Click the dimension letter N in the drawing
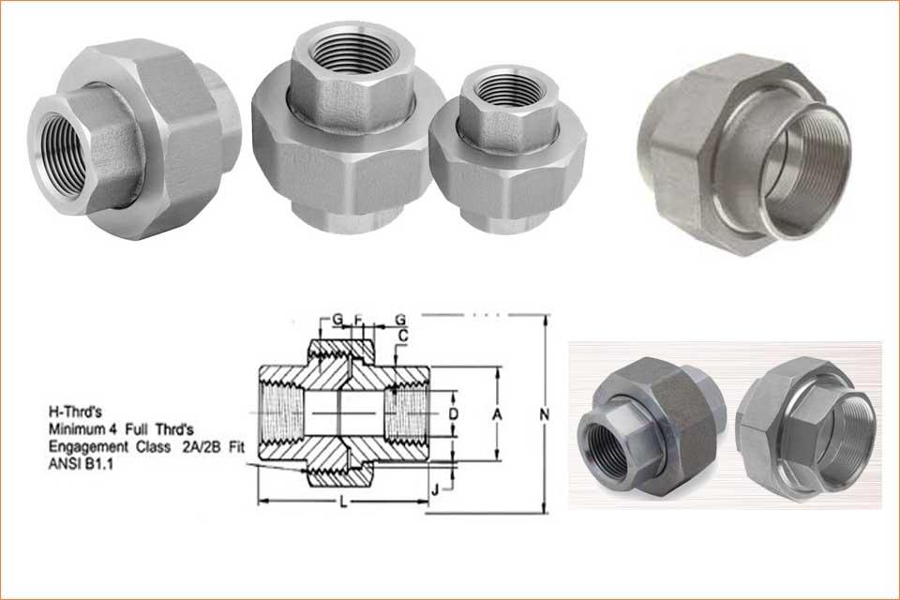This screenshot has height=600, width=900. [532, 412]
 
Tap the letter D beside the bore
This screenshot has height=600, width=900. [453, 412]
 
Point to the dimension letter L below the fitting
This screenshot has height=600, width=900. [344, 504]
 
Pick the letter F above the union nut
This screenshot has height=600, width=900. [357, 320]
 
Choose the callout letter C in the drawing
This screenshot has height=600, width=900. [403, 335]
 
